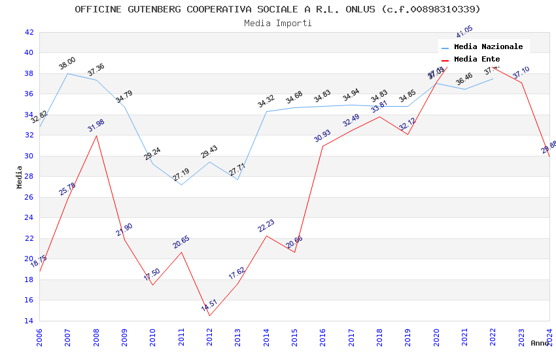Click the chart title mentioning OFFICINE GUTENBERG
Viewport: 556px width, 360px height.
point(277,9)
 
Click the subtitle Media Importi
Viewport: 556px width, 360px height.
point(277,23)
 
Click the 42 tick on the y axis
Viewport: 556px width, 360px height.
point(29,32)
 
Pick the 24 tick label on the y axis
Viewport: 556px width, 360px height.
point(29,218)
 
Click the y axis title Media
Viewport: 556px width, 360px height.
point(19,177)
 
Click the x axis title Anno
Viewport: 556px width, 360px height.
point(540,343)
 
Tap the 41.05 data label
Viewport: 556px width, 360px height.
point(464,31)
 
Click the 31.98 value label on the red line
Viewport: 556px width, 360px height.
point(96,126)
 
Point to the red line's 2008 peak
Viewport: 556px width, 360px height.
point(96,135)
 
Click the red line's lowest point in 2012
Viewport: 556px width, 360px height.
point(209,315)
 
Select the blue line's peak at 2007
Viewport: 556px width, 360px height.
point(68,73)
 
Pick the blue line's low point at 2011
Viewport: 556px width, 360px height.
point(181,185)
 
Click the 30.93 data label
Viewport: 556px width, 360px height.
point(322,136)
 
